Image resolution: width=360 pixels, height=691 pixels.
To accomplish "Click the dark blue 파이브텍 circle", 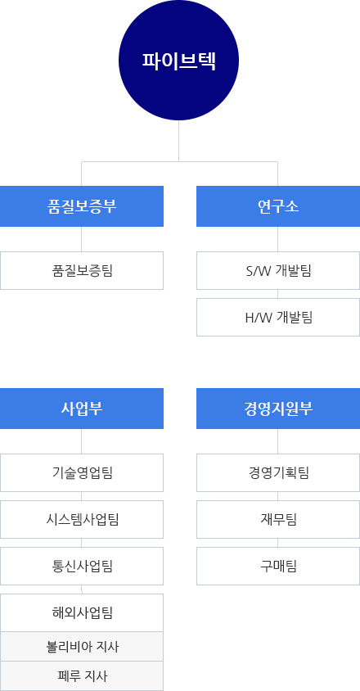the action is click(179, 61).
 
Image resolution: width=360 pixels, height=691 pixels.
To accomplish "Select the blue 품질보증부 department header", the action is click(82, 206).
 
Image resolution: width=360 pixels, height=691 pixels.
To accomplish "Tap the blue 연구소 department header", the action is click(278, 206).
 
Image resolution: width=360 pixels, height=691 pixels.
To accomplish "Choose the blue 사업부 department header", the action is click(82, 409).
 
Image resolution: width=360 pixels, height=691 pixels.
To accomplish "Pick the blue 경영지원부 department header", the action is click(278, 409).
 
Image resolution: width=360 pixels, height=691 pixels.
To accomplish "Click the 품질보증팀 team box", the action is click(82, 270).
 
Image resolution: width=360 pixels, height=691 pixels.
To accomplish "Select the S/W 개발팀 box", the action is click(278, 270).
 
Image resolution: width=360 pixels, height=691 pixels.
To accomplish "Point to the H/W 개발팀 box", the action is click(278, 318).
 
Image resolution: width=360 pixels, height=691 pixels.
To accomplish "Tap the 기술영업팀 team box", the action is click(82, 473).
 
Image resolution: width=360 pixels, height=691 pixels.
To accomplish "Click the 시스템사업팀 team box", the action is click(82, 520).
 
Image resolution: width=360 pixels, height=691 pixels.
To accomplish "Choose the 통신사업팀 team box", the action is click(82, 567).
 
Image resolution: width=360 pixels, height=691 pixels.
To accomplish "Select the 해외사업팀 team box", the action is click(82, 613).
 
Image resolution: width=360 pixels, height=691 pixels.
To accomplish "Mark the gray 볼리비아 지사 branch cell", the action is click(82, 647).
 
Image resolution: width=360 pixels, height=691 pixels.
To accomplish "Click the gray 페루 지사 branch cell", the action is click(82, 676).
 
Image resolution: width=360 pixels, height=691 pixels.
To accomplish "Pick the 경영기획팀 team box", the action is click(278, 473).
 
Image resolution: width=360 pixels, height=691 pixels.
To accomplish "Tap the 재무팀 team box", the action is click(278, 520).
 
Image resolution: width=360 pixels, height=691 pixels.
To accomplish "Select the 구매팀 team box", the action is click(278, 567).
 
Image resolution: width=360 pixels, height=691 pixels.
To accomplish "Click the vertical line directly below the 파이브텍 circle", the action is click(179, 141).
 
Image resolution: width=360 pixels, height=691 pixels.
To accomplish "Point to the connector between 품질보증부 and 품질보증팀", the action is click(82, 239).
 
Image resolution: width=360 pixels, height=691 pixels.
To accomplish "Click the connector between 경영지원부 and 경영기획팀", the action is click(278, 441).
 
